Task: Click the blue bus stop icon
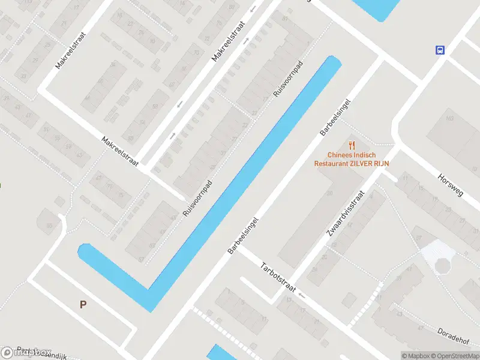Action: [x=440, y=50]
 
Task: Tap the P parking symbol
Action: [x=83, y=304]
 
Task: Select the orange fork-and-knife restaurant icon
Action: [x=352, y=145]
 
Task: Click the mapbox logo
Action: [x=26, y=352]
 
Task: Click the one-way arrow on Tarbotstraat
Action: [x=302, y=295]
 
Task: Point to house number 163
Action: [x=449, y=119]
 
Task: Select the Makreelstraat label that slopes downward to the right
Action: [x=120, y=152]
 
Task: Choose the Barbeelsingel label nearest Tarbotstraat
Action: [x=242, y=235]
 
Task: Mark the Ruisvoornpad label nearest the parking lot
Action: [x=198, y=200]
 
